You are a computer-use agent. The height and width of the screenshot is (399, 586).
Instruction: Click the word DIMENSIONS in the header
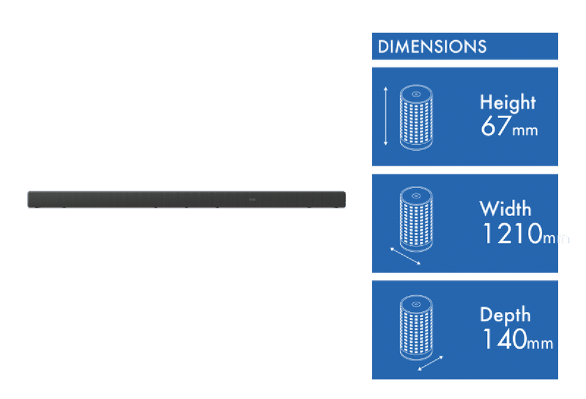[431, 47]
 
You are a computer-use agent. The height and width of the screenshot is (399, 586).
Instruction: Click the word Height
[508, 102]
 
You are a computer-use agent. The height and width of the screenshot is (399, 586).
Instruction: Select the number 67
[497, 127]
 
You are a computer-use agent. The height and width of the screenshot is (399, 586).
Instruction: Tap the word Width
[505, 209]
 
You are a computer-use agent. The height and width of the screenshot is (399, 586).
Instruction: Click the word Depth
[505, 315]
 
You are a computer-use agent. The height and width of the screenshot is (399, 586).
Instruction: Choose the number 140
[505, 339]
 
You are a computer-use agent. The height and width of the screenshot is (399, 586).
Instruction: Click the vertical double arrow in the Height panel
[385, 116]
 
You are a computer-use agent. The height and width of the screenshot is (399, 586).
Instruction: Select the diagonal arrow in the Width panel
[405, 256]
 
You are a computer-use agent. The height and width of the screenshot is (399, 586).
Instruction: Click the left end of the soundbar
[31, 199]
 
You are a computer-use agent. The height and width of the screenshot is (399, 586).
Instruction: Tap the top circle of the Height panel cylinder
[415, 94]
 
